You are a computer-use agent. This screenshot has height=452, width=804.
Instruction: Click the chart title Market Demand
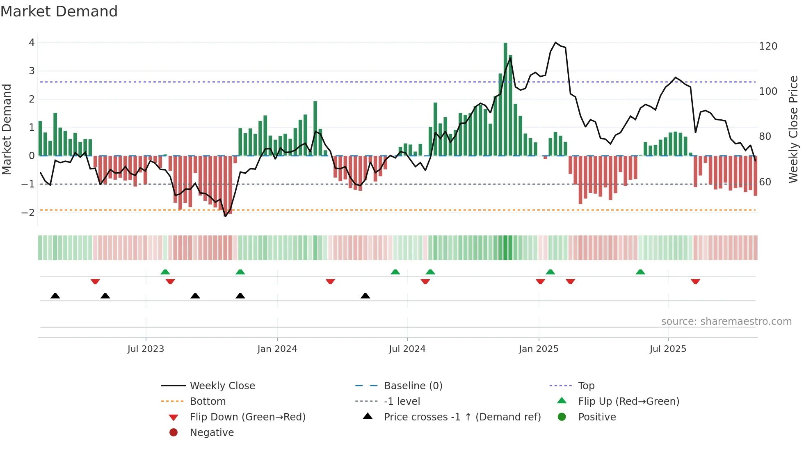[59, 11]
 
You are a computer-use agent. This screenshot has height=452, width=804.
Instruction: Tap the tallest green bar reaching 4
[505, 98]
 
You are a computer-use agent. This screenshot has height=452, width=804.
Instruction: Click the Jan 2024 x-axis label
[277, 349]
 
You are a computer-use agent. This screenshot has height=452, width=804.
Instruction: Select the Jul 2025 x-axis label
[668, 349]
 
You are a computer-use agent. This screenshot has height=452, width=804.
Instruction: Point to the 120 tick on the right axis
[768, 46]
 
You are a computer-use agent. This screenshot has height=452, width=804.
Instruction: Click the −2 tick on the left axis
[28, 212]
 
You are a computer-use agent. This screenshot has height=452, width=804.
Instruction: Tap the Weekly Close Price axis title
[793, 129]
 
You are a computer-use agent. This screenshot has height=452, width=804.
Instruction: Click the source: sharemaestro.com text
[726, 322]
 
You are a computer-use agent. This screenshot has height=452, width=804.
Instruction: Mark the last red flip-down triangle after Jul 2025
[695, 281]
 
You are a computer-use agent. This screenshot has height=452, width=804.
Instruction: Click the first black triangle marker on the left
[55, 296]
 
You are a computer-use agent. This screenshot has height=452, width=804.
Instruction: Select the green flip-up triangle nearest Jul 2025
[640, 272]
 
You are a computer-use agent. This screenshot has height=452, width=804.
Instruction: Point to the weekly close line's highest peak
[555, 43]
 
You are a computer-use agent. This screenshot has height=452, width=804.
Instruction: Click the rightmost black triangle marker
[365, 296]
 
